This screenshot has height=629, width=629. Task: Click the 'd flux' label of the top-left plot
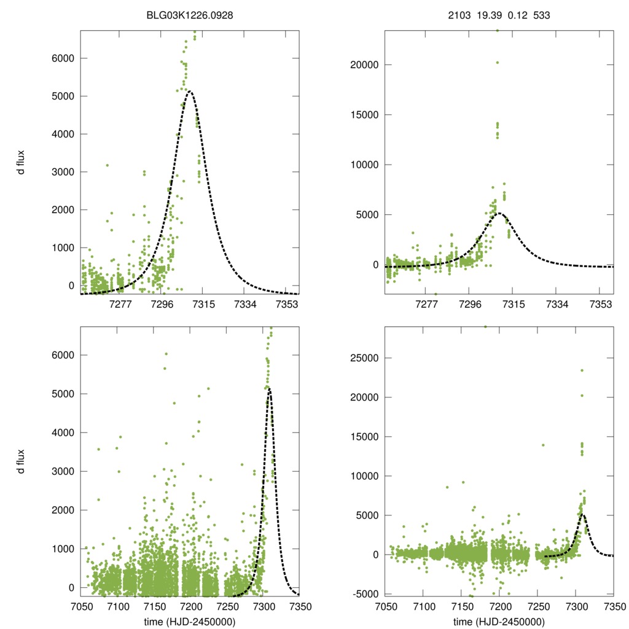[x=21, y=163]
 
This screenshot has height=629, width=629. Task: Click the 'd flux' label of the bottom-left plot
[x=21, y=461]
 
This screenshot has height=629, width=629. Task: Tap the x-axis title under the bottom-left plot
[x=189, y=622]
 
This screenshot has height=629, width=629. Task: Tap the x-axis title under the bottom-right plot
[x=499, y=622]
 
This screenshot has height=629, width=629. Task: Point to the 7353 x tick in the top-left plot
[x=287, y=304]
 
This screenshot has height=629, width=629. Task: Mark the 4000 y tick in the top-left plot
[x=64, y=134]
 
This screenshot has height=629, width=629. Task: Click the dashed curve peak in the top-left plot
[x=190, y=92]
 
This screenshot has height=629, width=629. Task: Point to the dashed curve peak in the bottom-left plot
[x=269, y=389]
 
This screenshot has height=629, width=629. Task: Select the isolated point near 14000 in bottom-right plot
[x=543, y=445]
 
